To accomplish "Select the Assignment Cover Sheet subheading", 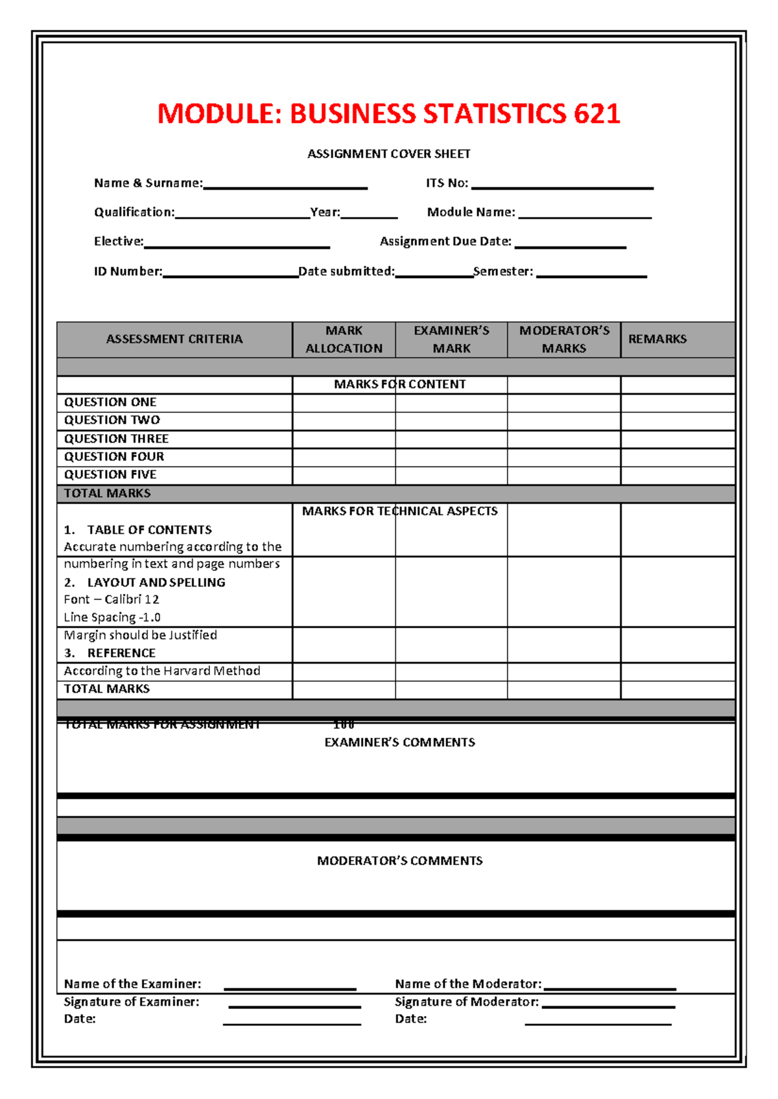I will [x=388, y=154].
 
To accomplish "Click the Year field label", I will [x=325, y=213].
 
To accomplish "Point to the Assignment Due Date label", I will [x=445, y=242].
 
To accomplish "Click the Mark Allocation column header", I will [x=344, y=340].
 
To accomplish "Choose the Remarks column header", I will [x=657, y=339].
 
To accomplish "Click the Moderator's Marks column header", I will [x=564, y=340].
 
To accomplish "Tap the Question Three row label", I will [x=116, y=439].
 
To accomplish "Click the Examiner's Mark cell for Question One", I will [x=451, y=402].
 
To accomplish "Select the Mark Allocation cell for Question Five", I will [x=344, y=475].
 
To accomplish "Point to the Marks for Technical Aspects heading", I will [x=399, y=511].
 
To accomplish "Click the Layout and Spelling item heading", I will [x=156, y=583].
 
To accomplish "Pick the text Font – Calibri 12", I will [x=112, y=599].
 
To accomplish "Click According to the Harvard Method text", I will [x=162, y=671].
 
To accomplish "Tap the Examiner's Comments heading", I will [x=399, y=743].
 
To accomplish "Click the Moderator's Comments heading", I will [x=399, y=861].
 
